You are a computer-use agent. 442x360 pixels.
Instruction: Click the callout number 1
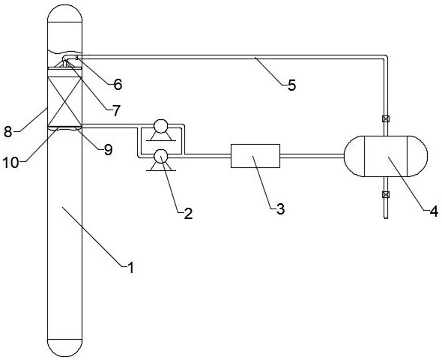click(130, 268)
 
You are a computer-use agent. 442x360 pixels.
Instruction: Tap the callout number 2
click(188, 214)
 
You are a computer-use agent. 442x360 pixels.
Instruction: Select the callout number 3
click(280, 209)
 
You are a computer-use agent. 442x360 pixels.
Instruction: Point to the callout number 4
click(434, 211)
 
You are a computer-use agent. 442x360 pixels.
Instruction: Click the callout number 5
click(292, 85)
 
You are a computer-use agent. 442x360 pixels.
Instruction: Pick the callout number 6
click(118, 84)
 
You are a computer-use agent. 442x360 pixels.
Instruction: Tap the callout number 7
click(116, 110)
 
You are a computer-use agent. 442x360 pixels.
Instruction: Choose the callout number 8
click(8, 132)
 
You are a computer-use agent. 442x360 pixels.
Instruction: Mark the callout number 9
click(108, 149)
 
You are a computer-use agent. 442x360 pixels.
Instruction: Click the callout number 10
click(10, 163)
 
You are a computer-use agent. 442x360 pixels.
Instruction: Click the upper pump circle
click(160, 126)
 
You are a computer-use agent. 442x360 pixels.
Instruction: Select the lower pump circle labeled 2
click(160, 156)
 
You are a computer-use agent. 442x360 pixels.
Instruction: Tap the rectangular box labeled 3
click(255, 156)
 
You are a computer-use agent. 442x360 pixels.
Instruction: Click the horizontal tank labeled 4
click(386, 156)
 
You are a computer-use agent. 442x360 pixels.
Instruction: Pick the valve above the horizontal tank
click(386, 118)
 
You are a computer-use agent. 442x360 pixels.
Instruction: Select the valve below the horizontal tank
click(386, 194)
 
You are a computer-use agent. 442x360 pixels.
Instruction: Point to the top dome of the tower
click(65, 13)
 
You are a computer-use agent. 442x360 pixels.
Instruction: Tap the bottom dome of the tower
click(65, 347)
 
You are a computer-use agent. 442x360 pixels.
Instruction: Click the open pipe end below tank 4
click(386, 217)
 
